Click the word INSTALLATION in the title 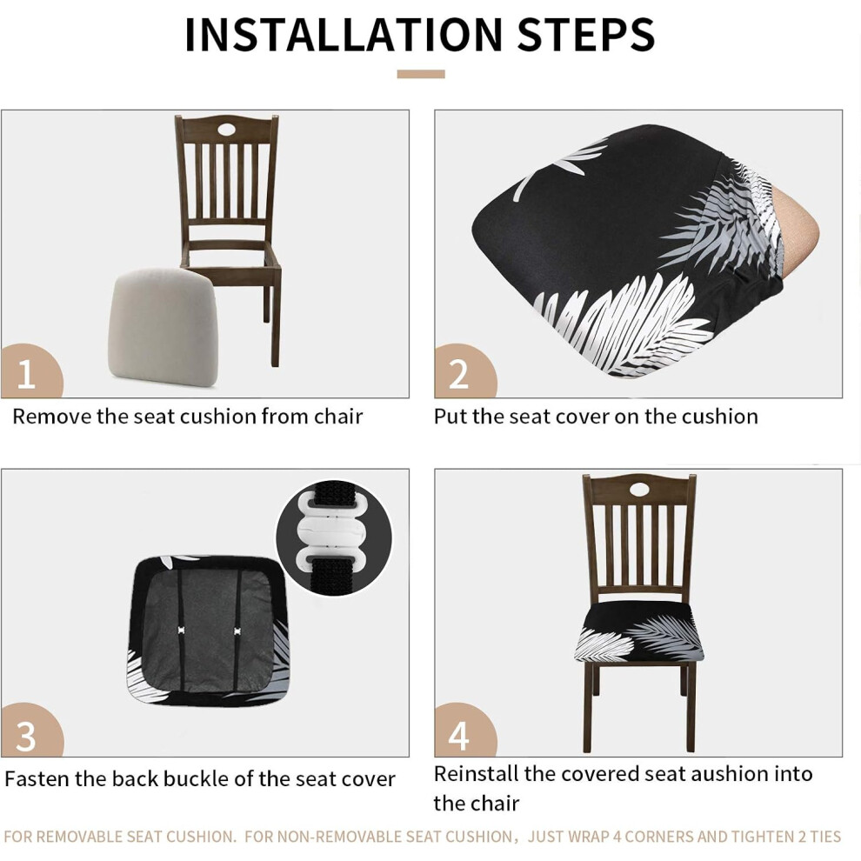click(344, 35)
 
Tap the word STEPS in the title click(586, 35)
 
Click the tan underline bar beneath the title click(421, 74)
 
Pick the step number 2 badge click(464, 371)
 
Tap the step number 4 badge click(464, 731)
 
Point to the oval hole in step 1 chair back click(225, 130)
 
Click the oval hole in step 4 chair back click(639, 489)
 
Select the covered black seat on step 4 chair click(639, 631)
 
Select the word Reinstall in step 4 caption click(476, 774)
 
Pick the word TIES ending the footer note click(824, 837)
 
